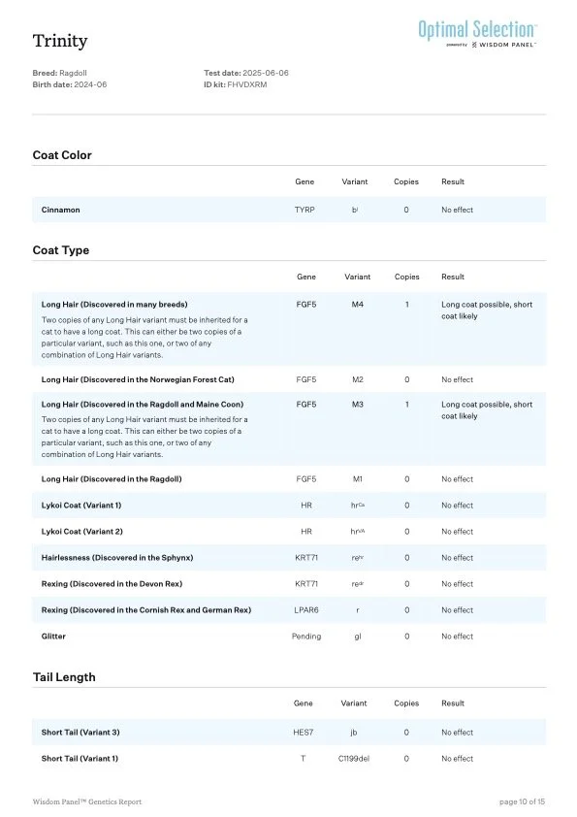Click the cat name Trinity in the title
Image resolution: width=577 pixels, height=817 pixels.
pyautogui.click(x=60, y=41)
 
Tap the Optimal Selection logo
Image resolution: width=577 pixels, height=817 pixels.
pyautogui.click(x=477, y=31)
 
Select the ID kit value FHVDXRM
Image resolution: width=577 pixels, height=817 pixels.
pyautogui.click(x=247, y=85)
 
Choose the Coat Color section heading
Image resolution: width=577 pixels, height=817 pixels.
pyautogui.click(x=62, y=155)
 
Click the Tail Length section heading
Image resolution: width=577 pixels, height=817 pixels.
pyautogui.click(x=64, y=677)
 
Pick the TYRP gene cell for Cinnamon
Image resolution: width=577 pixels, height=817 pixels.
pyautogui.click(x=305, y=210)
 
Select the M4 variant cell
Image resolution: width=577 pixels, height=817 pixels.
pyautogui.click(x=357, y=305)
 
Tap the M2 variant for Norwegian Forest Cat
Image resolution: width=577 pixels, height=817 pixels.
pyautogui.click(x=357, y=379)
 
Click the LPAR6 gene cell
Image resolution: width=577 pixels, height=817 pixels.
pyautogui.click(x=305, y=610)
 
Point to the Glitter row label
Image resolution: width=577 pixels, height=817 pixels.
pyautogui.click(x=53, y=637)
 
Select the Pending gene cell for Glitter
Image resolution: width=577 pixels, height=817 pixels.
pyautogui.click(x=305, y=637)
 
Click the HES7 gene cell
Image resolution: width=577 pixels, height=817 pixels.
pyautogui.click(x=305, y=733)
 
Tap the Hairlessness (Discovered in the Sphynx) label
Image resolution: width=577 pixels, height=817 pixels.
pyautogui.click(x=117, y=558)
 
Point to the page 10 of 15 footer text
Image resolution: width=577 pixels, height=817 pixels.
pyautogui.click(x=522, y=801)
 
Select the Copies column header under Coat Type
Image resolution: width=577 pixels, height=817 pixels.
pyautogui.click(x=406, y=277)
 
